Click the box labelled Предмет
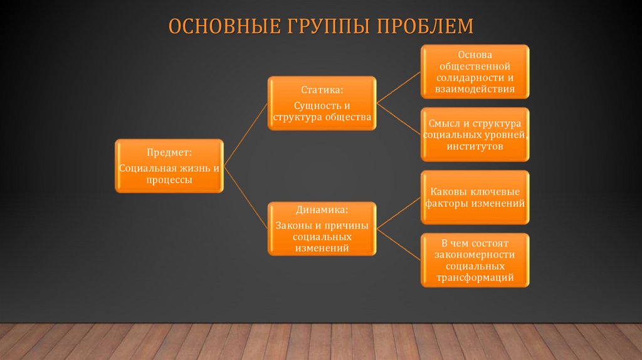pos(169,166)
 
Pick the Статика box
pos(322,103)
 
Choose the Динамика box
pos(322,228)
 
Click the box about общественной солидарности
pos(475,71)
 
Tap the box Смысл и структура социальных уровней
pos(475,134)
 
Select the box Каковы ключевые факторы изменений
pos(475,197)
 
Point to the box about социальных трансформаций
pos(475,260)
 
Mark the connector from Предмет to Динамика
pos(246,198)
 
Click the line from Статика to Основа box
pos(398,87)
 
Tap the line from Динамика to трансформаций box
pos(398,244)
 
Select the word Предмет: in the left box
pos(169,152)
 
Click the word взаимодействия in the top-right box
pos(475,89)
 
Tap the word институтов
pos(475,146)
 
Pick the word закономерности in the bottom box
pos(475,254)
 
